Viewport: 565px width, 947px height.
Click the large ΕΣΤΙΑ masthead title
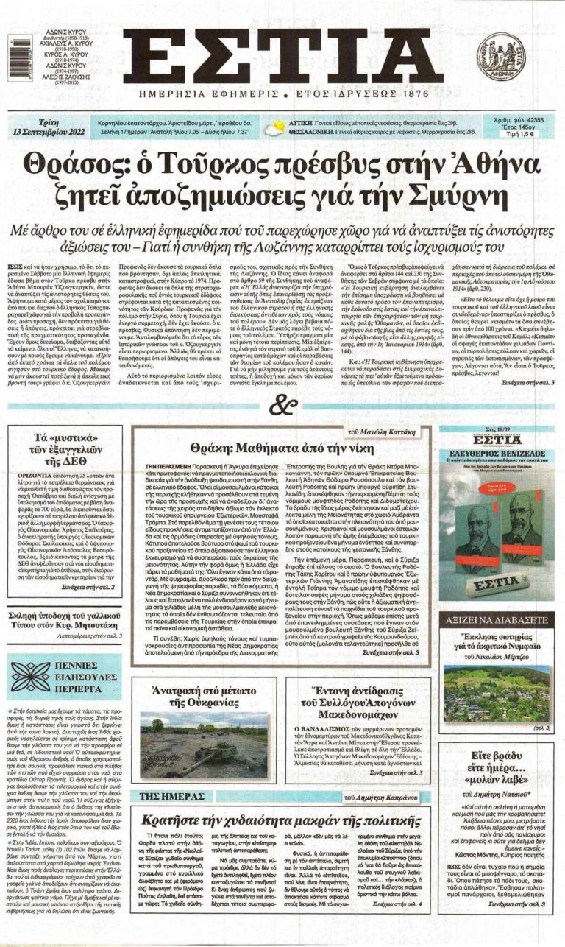[282, 56]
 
